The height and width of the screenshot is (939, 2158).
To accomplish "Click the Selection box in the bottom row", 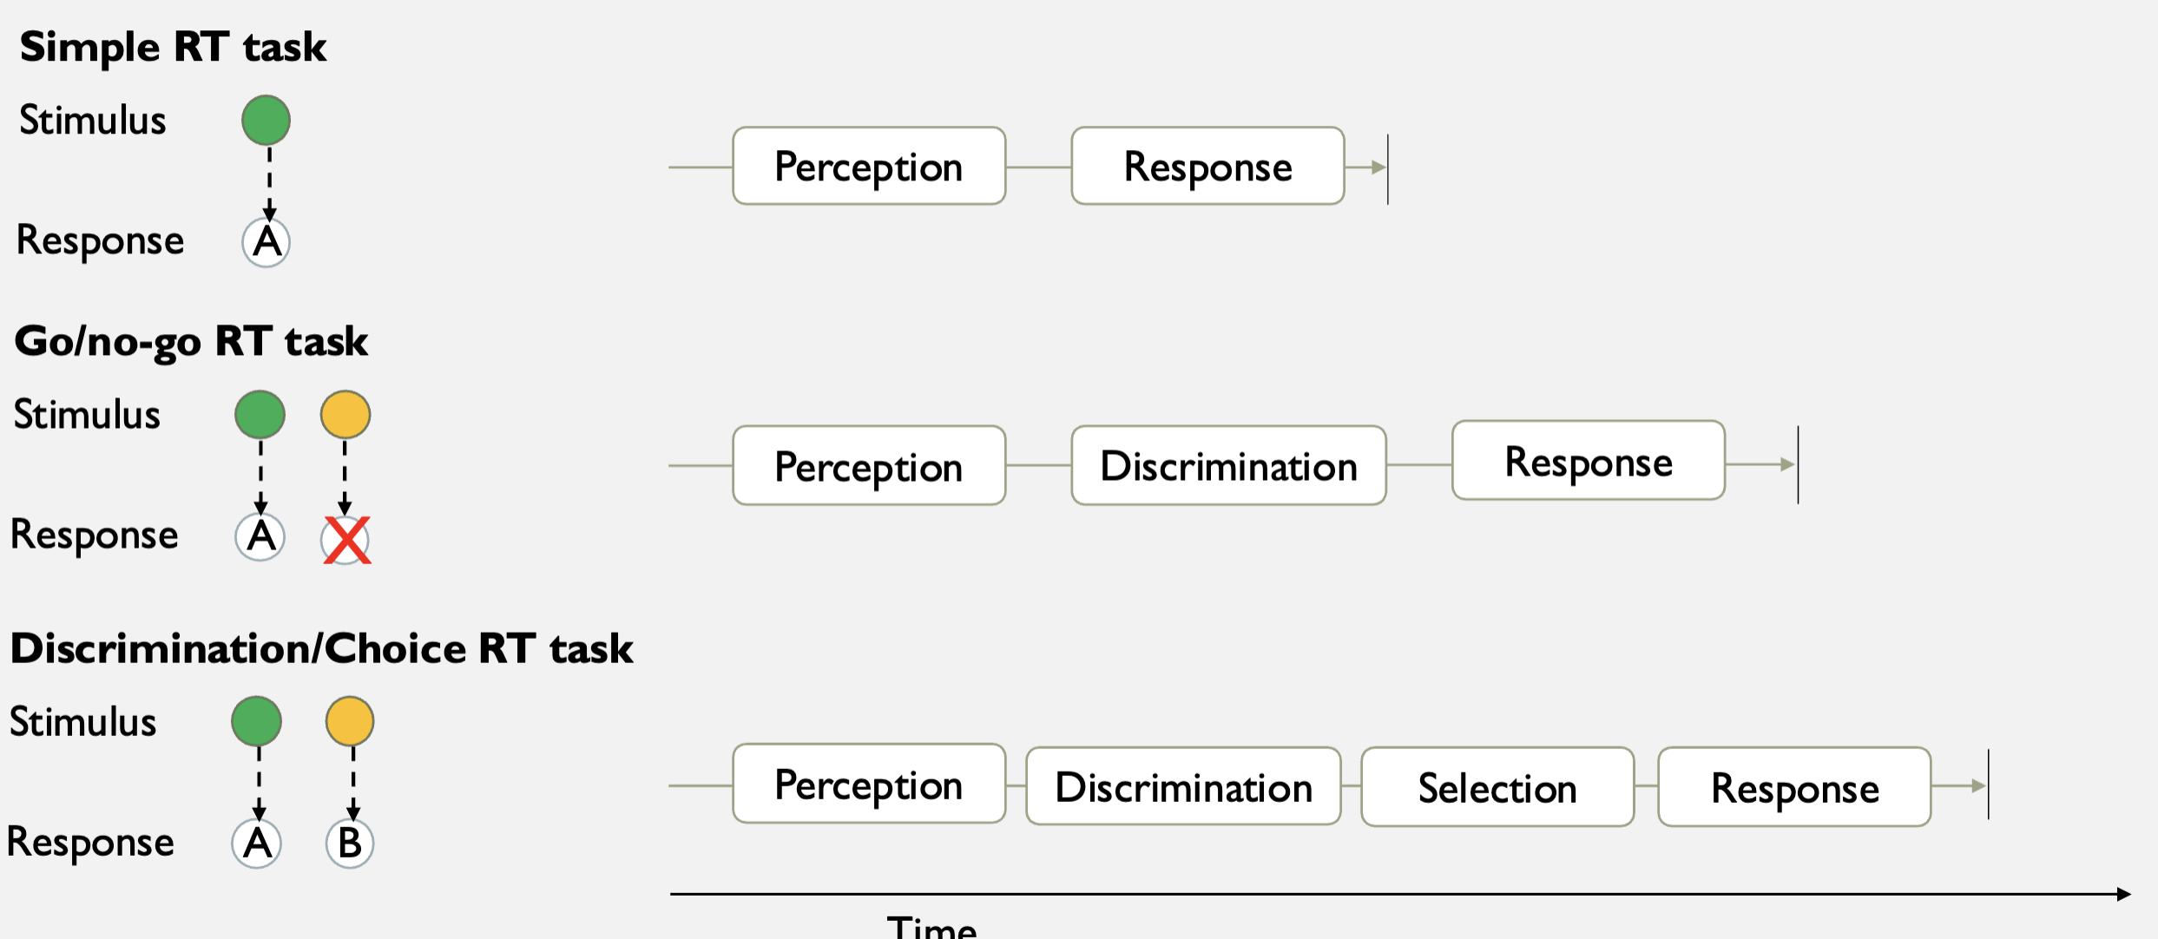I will click(x=1497, y=787).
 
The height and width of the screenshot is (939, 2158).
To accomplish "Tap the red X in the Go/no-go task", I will click(x=346, y=540).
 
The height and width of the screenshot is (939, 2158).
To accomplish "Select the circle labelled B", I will click(x=350, y=843).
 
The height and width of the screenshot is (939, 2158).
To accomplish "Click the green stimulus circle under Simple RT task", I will click(x=266, y=120).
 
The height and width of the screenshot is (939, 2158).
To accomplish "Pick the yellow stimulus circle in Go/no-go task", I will click(x=345, y=414).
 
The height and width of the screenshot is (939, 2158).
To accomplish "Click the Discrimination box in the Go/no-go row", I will click(x=1228, y=466).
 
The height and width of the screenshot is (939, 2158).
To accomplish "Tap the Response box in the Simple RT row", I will click(x=1207, y=167).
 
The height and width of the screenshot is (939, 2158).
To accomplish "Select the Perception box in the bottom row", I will click(x=869, y=785).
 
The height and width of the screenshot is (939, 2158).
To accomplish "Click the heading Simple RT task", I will click(x=173, y=47).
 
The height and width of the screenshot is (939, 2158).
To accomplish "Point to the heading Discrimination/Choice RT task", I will click(x=321, y=648).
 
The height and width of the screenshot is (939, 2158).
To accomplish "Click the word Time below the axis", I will click(x=931, y=927).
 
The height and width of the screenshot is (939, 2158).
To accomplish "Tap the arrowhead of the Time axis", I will click(x=2123, y=894).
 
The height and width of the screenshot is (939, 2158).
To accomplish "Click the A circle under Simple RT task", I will click(x=266, y=242).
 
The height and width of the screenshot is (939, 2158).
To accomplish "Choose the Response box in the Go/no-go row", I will click(x=1588, y=462).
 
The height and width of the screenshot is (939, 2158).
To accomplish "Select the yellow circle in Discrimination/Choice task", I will click(x=350, y=720).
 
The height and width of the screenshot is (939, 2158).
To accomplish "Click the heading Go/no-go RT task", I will click(x=191, y=341).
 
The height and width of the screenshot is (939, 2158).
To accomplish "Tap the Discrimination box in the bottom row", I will click(x=1183, y=787).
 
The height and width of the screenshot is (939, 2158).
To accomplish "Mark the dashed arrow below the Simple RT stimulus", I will click(x=269, y=182).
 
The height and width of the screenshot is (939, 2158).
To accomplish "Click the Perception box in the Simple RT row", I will click(x=869, y=167).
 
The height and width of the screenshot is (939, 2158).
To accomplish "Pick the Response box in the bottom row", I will click(x=1794, y=787).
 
